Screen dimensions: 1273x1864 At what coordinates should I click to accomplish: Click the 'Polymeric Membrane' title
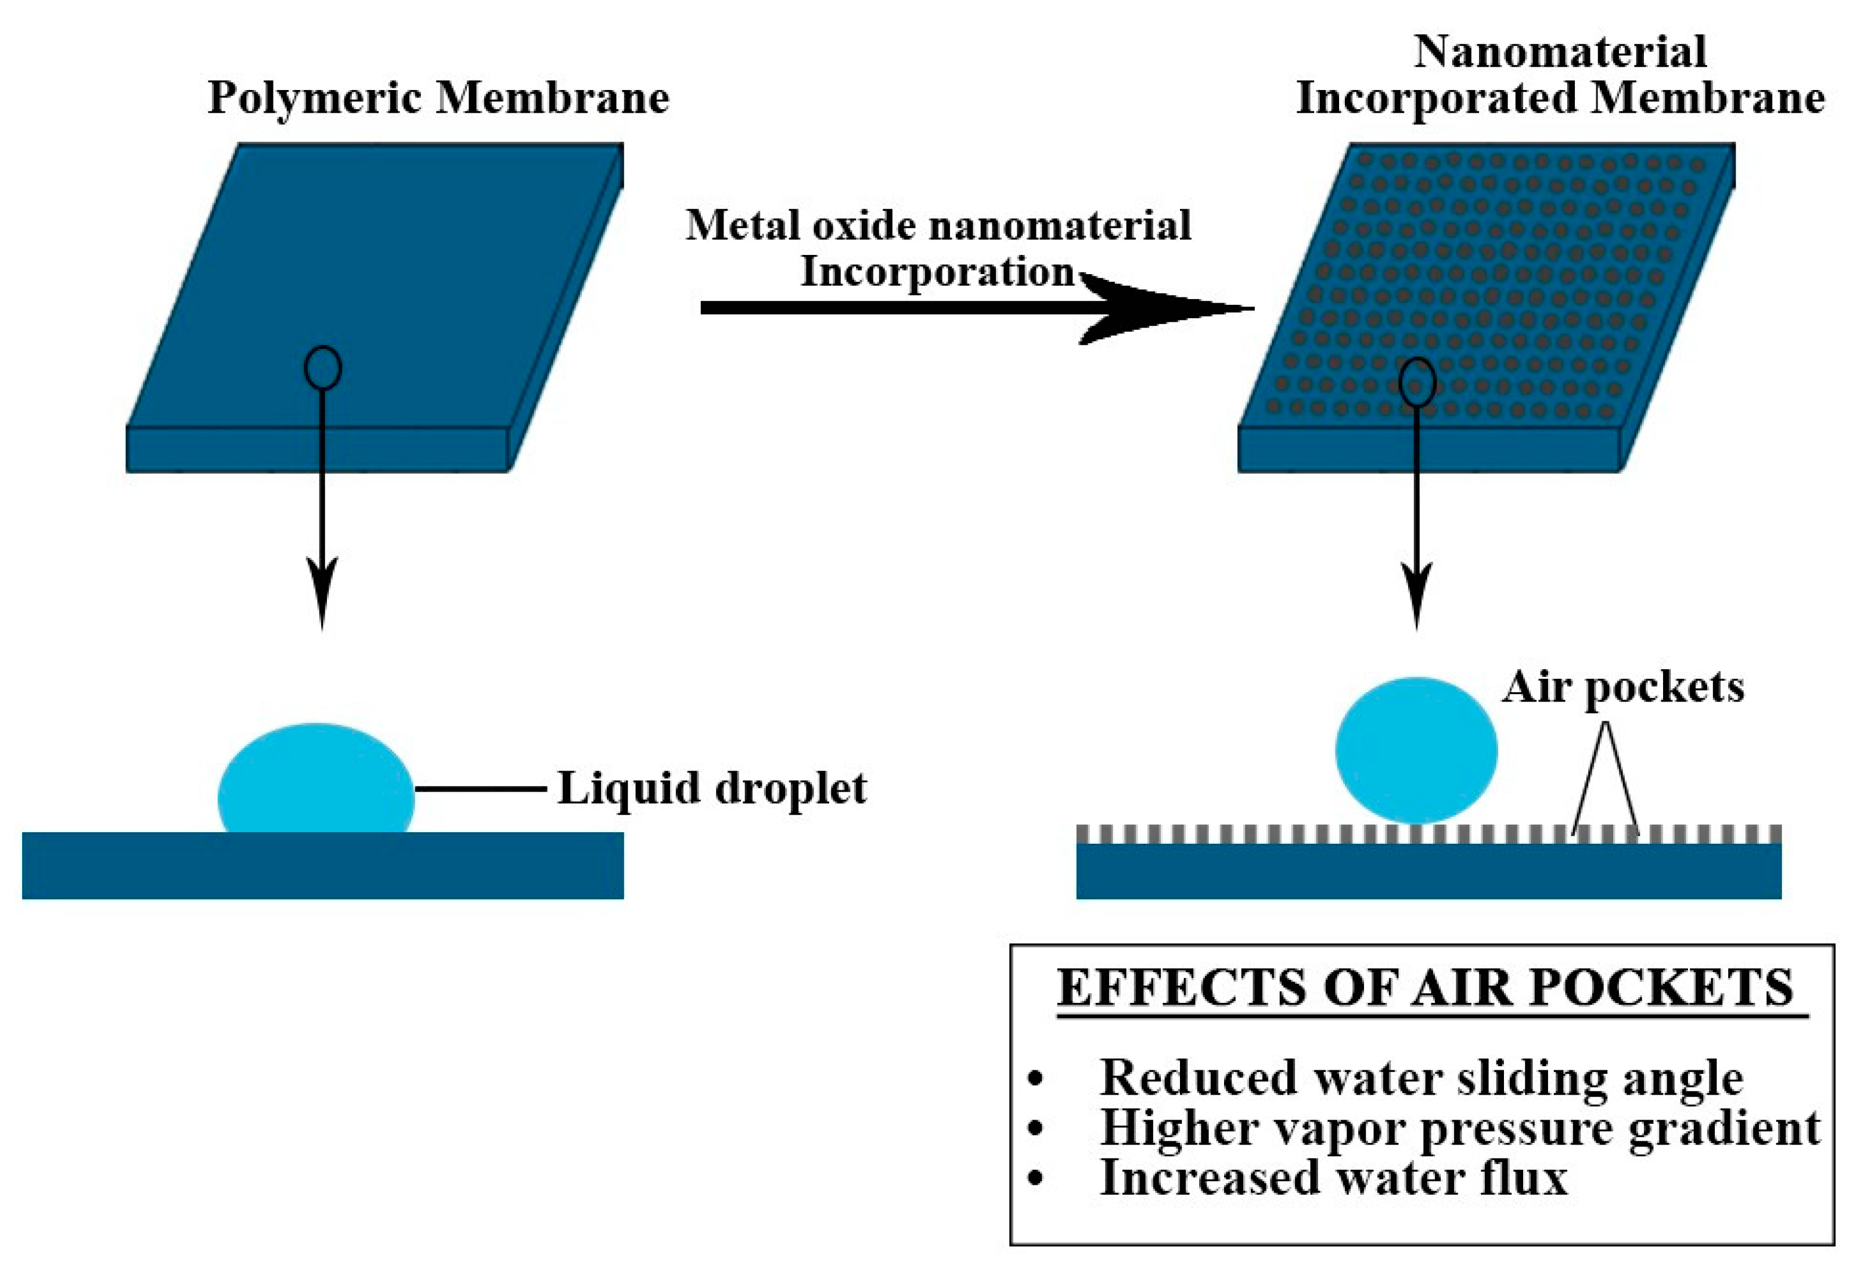[438, 99]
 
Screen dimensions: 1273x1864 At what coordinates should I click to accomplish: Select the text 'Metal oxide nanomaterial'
[938, 225]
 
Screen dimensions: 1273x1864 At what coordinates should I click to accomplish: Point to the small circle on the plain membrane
[322, 368]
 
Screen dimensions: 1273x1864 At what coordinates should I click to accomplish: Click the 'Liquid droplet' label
[711, 789]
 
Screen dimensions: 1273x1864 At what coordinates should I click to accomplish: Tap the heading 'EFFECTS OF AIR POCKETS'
[1424, 988]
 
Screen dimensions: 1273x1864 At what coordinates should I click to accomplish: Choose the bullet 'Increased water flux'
[1333, 1179]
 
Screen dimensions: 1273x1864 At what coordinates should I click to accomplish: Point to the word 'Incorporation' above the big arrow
[937, 272]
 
